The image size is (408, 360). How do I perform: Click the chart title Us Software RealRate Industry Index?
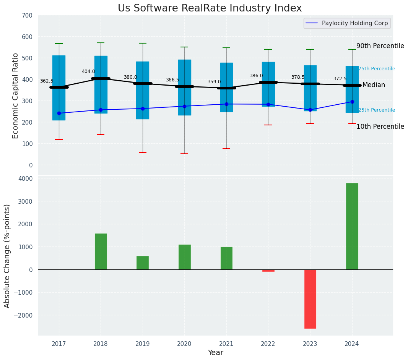[210, 8]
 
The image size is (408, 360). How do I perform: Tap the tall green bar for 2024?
[352, 226]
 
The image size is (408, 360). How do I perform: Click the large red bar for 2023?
[310, 299]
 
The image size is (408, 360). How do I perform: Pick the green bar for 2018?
[101, 251]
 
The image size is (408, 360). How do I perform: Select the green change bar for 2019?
[143, 263]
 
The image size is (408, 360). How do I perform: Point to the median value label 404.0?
[88, 71]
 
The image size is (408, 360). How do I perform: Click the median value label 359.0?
[214, 82]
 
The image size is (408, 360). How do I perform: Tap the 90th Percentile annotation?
[380, 46]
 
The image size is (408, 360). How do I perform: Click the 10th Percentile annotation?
[380, 126]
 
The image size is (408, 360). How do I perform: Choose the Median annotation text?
[374, 85]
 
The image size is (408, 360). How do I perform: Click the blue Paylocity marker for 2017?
[59, 113]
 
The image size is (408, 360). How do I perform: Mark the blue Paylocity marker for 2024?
[352, 102]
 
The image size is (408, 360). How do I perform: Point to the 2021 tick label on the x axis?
[226, 344]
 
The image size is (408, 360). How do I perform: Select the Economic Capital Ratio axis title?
[16, 96]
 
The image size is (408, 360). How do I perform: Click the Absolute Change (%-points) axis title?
[7, 256]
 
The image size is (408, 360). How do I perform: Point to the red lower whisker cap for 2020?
[184, 153]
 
